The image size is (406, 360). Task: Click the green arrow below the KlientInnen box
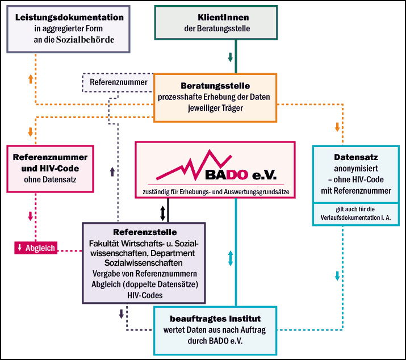(x=231, y=57)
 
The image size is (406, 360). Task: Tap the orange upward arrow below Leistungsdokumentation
(x=30, y=79)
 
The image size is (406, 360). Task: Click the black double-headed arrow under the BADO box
(x=163, y=213)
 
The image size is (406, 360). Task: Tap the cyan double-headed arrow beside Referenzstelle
(x=230, y=258)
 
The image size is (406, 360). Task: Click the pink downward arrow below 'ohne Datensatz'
(x=30, y=216)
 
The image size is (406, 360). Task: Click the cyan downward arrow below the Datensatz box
(x=337, y=275)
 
